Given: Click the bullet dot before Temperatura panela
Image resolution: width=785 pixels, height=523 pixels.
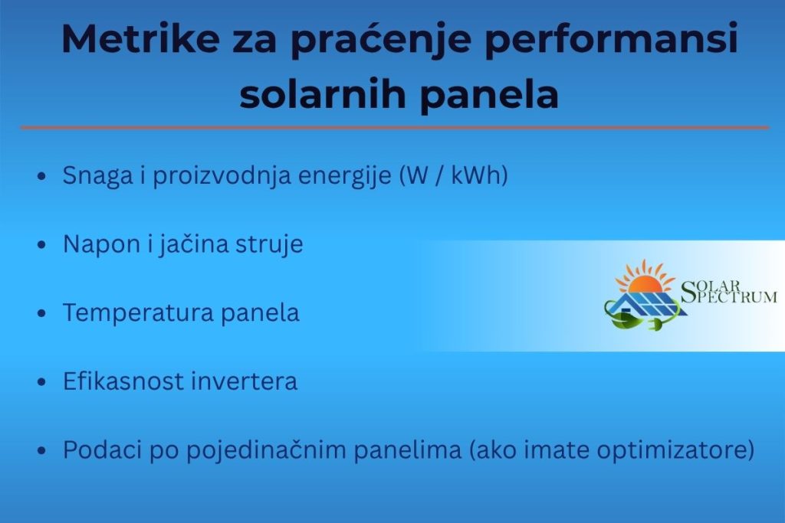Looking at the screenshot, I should [x=42, y=315].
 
